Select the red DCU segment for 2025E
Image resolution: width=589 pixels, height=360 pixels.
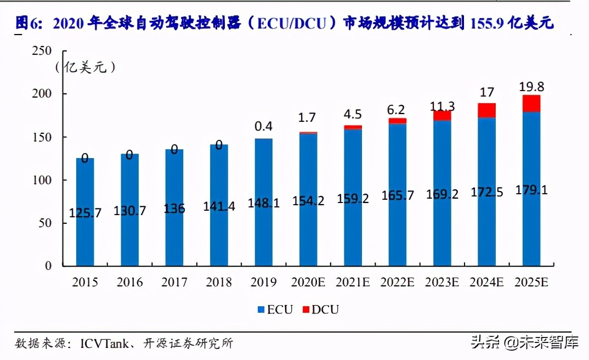pyautogui.click(x=531, y=104)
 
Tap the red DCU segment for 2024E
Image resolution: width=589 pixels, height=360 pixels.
pyautogui.click(x=486, y=110)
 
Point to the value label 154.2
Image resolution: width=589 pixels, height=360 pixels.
pyautogui.click(x=308, y=201)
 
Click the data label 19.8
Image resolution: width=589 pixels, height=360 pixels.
pyautogui.click(x=531, y=86)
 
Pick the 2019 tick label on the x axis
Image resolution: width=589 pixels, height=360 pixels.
pyautogui.click(x=263, y=283)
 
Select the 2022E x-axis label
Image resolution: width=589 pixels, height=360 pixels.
pyautogui.click(x=397, y=283)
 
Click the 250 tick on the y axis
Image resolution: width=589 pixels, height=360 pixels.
pyautogui.click(x=42, y=51)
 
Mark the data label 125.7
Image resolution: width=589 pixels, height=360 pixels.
pyautogui.click(x=85, y=213)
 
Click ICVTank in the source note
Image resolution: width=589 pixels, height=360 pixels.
pyautogui.click(x=105, y=344)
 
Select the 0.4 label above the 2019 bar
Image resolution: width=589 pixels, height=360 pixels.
pyautogui.click(x=263, y=126)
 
